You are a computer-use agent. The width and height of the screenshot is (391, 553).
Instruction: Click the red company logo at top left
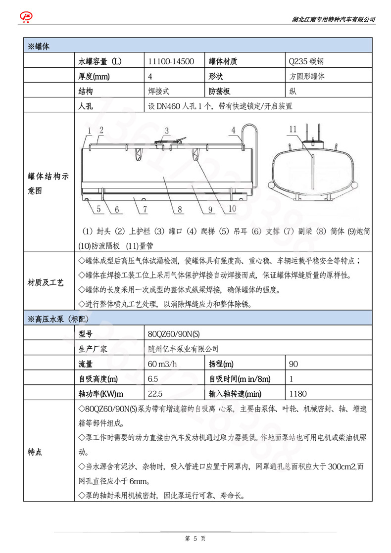pos(25,17)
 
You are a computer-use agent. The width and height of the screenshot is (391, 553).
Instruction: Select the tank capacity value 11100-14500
pos(168,61)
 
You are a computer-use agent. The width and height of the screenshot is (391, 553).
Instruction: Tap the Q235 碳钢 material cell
pos(306,61)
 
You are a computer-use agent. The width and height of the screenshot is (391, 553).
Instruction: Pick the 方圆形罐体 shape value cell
pos(307,77)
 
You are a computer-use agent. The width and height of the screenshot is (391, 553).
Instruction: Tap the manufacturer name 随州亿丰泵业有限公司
pos(183,349)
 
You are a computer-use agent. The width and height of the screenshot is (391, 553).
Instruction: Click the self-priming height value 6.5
pos(153,379)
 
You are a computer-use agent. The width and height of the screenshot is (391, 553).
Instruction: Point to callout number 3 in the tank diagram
pos(167,131)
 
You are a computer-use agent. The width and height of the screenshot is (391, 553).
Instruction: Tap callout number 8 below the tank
pos(180,209)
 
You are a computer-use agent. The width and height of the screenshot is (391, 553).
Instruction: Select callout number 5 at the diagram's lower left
pos(98,209)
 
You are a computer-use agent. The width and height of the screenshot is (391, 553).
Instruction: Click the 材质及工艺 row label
pos(46,283)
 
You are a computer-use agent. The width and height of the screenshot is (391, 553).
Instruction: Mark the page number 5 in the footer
pos(195,538)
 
